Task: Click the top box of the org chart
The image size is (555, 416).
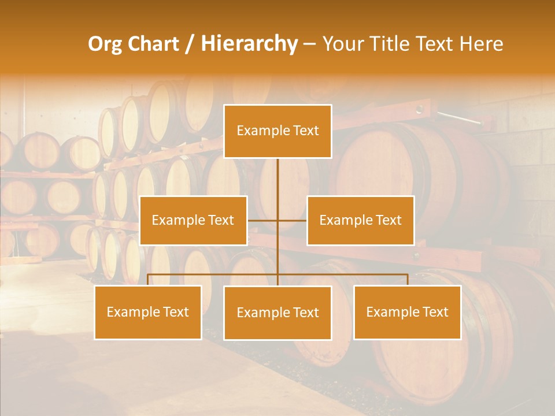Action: pos(277,131)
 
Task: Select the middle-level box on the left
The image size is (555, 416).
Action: pos(193,220)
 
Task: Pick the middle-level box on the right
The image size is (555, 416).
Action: pos(360,220)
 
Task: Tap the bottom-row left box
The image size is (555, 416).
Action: pos(148,312)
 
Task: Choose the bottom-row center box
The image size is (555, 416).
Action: pos(277,313)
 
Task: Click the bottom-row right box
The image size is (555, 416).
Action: pos(407,312)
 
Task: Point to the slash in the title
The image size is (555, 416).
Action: pos(190,44)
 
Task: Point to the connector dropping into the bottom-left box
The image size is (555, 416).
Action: pos(148,280)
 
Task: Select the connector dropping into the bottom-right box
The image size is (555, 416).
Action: pos(407,280)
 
